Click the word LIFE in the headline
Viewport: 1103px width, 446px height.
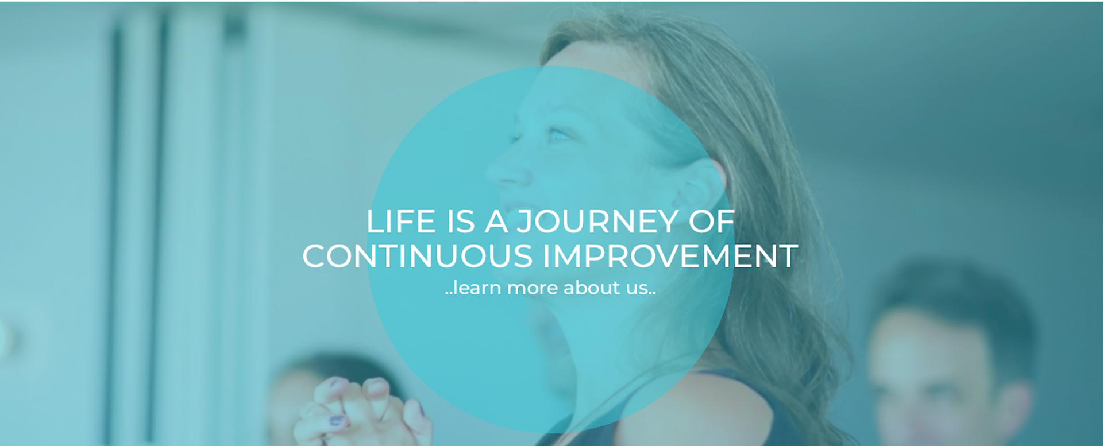pyautogui.click(x=401, y=222)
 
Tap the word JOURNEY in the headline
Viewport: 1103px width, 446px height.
pyautogui.click(x=597, y=222)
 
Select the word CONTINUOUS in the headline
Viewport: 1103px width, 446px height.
pyautogui.click(x=418, y=256)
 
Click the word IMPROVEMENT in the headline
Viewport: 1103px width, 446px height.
pyautogui.click(x=670, y=256)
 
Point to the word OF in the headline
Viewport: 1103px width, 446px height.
pyautogui.click(x=712, y=222)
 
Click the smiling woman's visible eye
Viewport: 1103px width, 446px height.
pyautogui.click(x=559, y=135)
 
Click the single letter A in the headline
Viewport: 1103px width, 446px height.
pyautogui.click(x=496, y=222)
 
